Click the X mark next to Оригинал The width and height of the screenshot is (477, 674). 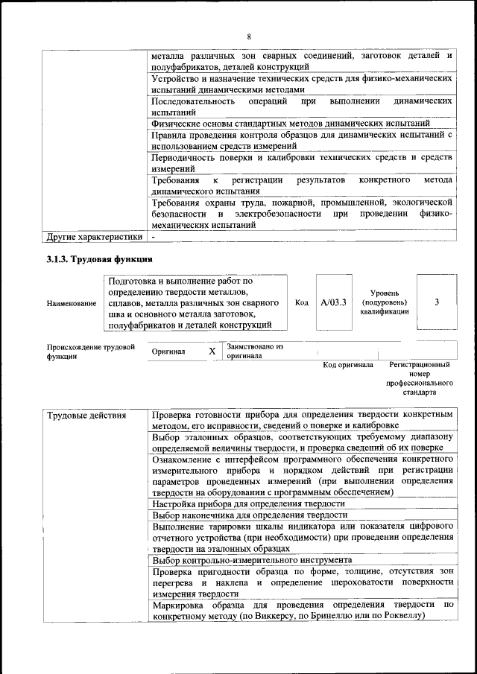coord(212,351)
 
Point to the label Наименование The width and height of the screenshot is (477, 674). coord(72,303)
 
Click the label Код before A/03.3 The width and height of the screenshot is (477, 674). coord(302,302)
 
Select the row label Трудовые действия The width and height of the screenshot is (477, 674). coord(78,415)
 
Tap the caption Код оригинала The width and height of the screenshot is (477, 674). coord(347,365)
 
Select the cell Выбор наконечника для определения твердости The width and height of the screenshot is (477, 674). coord(250,515)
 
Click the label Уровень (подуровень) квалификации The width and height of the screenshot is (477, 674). coord(384,302)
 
